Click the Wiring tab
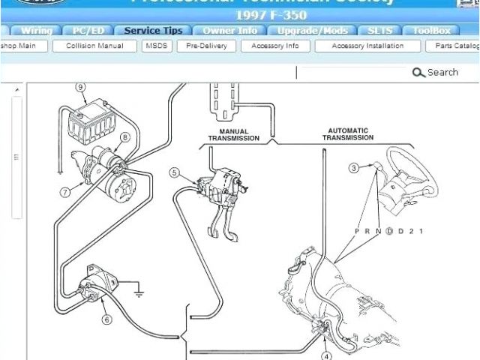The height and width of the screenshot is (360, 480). coord(36,31)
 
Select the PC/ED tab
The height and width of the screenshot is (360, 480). coord(89,31)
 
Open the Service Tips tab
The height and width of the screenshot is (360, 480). coord(153,31)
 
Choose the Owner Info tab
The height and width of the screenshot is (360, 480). coord(230,31)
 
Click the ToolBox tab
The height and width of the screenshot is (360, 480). coord(432,31)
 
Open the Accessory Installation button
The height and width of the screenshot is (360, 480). coord(367,46)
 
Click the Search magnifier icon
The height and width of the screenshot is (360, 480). coord(418,73)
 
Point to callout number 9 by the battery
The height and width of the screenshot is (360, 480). coord(80,87)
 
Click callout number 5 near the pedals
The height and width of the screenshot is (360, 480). coord(174,173)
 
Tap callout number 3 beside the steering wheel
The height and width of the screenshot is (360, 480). coord(353,168)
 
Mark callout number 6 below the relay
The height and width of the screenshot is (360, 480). coord(106,319)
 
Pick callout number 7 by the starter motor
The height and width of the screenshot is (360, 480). coord(65,192)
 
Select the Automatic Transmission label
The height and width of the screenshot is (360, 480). coord(348,134)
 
